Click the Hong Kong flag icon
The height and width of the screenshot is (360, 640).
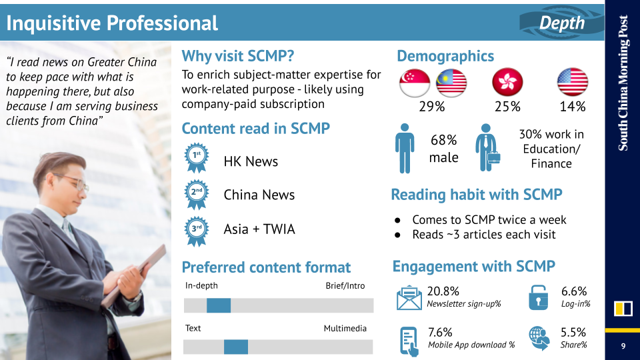pyautogui.click(x=507, y=81)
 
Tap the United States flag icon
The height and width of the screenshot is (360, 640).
pyautogui.click(x=572, y=81)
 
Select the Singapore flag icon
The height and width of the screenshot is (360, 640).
pyautogui.click(x=415, y=83)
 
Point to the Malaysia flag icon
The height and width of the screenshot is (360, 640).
pyautogui.click(x=451, y=83)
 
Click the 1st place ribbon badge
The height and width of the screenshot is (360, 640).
pyautogui.click(x=196, y=157)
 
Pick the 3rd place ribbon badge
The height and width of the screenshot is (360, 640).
pyautogui.click(x=196, y=231)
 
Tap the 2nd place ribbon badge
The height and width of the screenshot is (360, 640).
pyautogui.click(x=196, y=194)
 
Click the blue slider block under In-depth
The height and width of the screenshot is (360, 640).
pyautogui.click(x=219, y=305)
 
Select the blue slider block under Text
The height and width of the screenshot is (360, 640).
pyautogui.click(x=236, y=347)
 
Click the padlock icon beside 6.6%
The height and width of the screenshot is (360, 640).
pyautogui.click(x=539, y=297)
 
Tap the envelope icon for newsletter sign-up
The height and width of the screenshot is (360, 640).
pyautogui.click(x=409, y=297)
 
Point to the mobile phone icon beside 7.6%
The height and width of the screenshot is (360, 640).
pyautogui.click(x=409, y=341)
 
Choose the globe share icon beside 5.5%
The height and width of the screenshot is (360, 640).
pyautogui.click(x=539, y=338)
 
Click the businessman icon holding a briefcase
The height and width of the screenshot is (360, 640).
pyautogui.click(x=487, y=148)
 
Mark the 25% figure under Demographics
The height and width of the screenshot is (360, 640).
pyautogui.click(x=507, y=107)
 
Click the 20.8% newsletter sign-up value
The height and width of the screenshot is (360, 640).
pyautogui.click(x=443, y=291)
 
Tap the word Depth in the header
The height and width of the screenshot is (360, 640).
pyautogui.click(x=561, y=23)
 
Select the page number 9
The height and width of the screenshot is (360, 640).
pyautogui.click(x=623, y=346)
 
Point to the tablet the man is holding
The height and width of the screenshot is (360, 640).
pyautogui.click(x=135, y=274)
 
